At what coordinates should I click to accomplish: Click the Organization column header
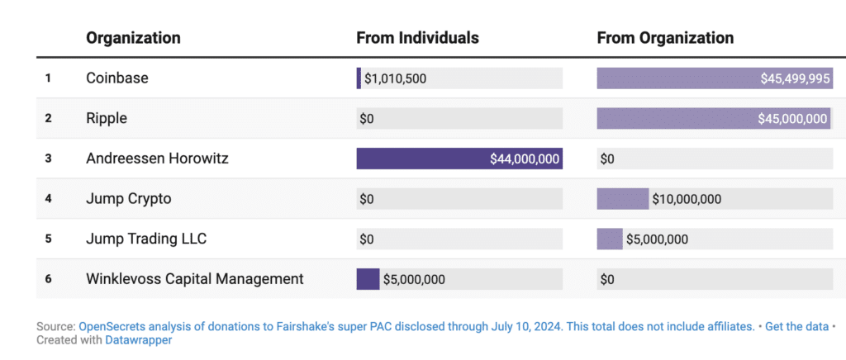click(x=133, y=38)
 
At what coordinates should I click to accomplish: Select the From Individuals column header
click(x=417, y=38)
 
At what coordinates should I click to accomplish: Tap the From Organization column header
click(x=665, y=38)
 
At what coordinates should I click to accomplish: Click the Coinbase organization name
click(x=116, y=78)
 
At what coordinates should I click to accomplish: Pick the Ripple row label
click(x=107, y=118)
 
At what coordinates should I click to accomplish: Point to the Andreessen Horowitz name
click(x=157, y=159)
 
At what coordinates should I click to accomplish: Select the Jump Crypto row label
click(x=129, y=199)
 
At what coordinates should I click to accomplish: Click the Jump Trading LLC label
click(x=146, y=239)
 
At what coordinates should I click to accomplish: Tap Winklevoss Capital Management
click(x=194, y=279)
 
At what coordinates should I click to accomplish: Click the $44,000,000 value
click(x=525, y=159)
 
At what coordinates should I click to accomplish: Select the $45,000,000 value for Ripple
click(x=792, y=119)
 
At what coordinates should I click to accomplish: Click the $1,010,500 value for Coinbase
click(x=395, y=78)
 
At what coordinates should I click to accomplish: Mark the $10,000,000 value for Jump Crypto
click(x=687, y=199)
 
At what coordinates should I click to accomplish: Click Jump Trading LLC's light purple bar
click(x=610, y=239)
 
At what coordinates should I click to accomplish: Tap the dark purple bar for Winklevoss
click(x=368, y=279)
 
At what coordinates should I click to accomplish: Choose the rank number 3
click(x=48, y=159)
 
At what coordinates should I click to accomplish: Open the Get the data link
click(x=796, y=326)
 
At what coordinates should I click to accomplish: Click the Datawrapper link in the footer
click(x=139, y=339)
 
